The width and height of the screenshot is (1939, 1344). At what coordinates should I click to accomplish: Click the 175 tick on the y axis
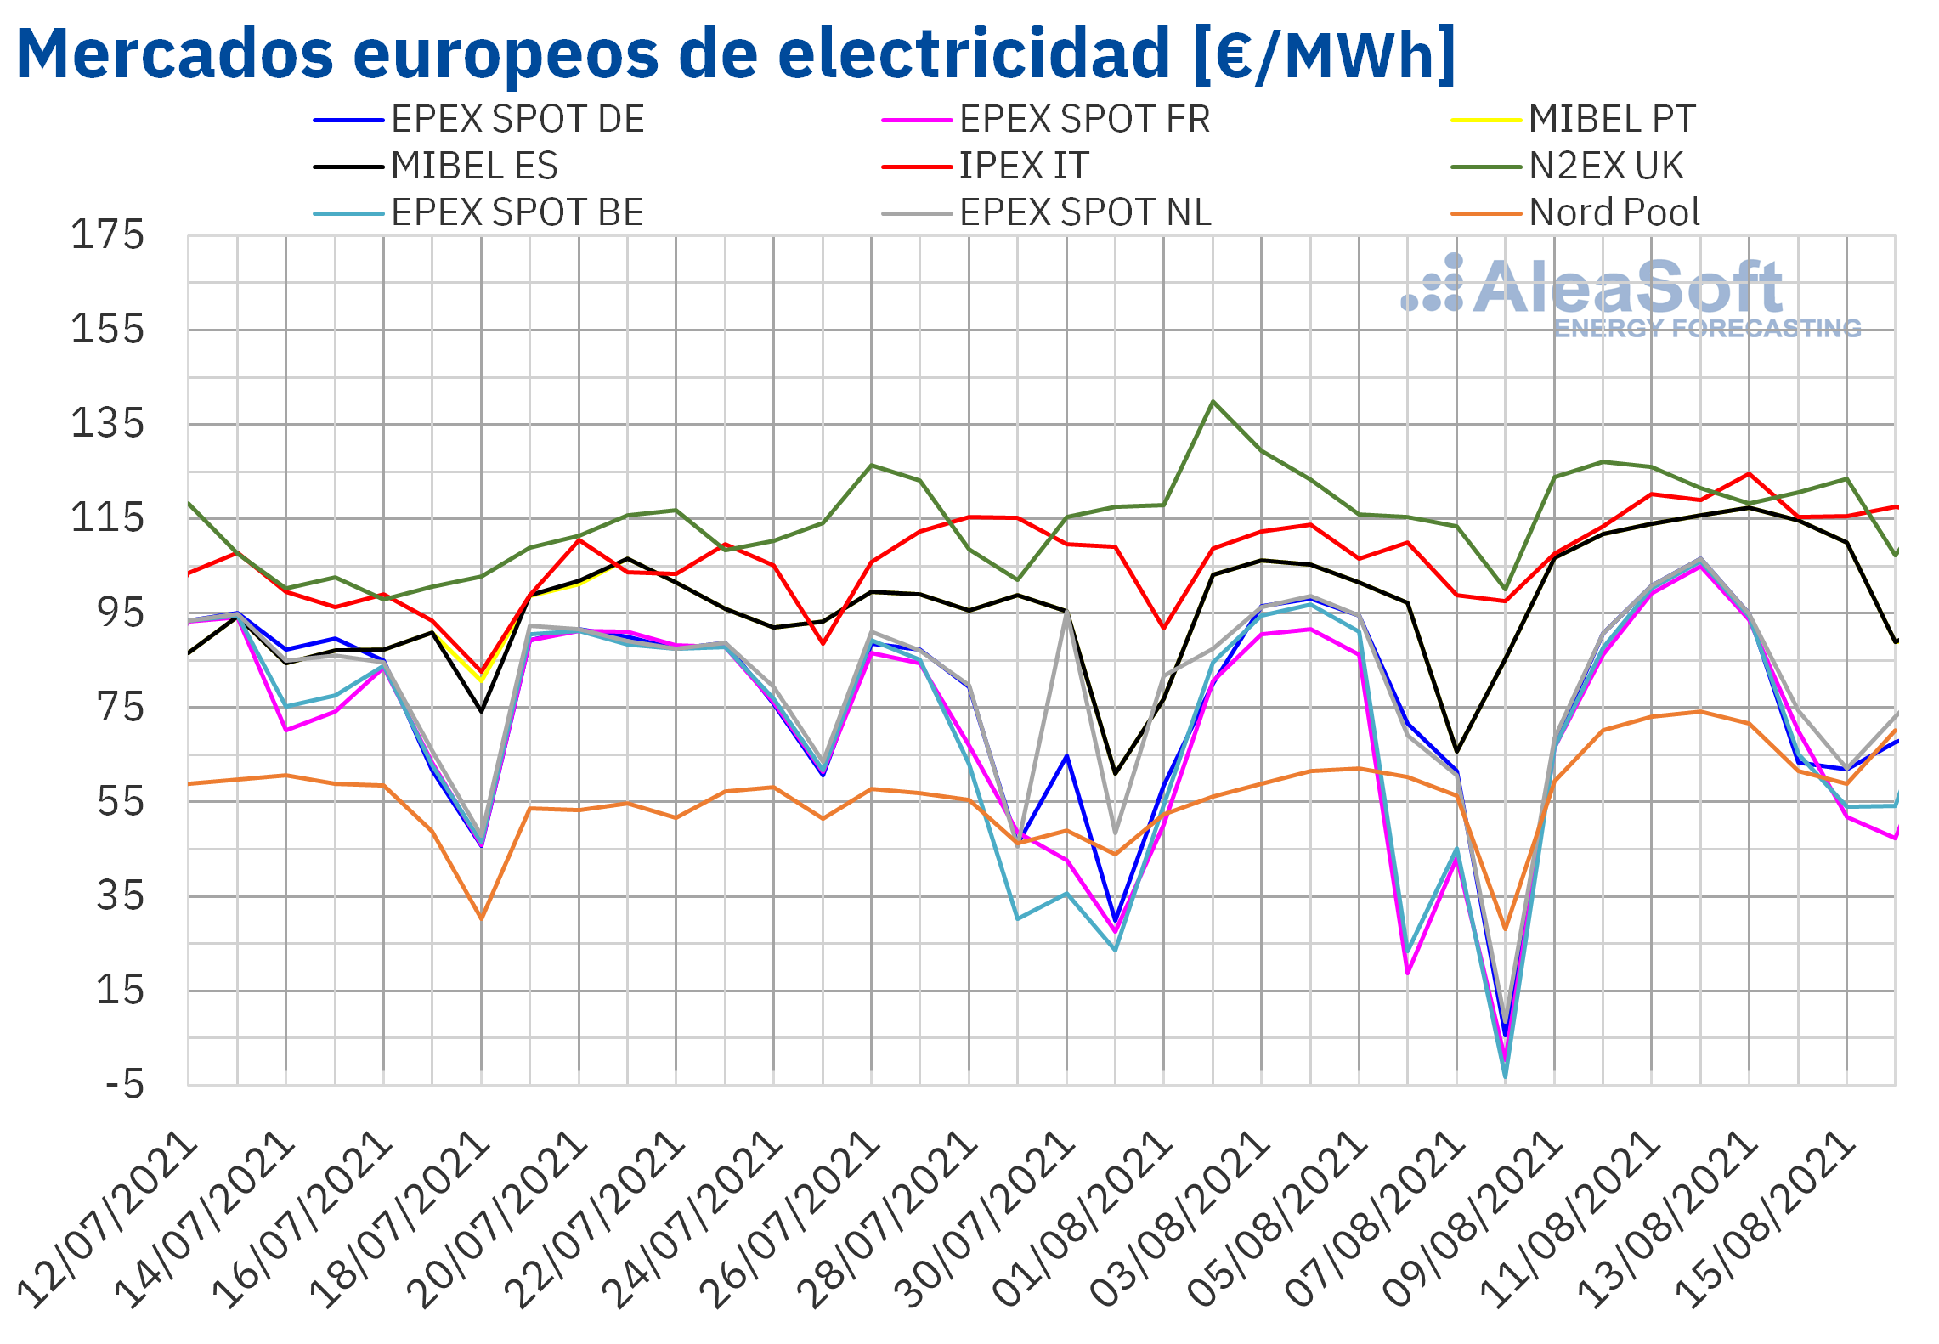click(108, 235)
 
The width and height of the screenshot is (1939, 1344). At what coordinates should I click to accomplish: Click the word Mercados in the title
click(175, 54)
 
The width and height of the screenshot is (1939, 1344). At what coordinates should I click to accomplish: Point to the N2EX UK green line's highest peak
click(1213, 402)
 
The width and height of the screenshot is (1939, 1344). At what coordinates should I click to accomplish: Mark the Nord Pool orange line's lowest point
click(1506, 929)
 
